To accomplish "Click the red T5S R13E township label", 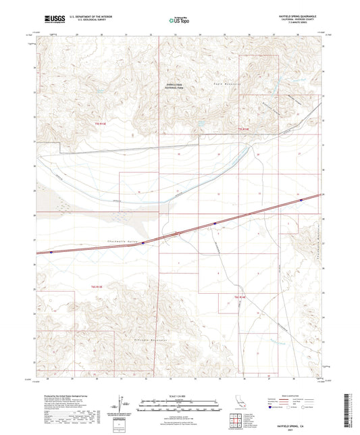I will [102, 124].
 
